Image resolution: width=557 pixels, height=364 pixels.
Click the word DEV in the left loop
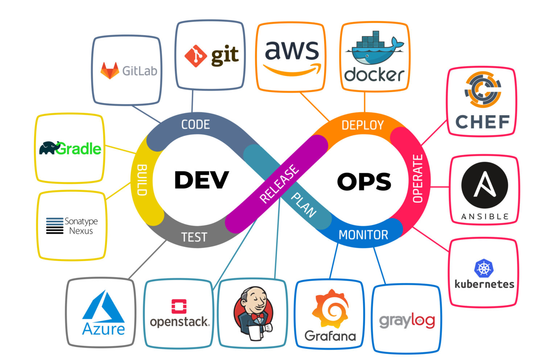tap(201, 180)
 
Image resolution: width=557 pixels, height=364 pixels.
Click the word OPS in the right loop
tap(364, 181)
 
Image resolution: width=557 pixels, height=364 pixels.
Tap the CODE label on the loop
tap(195, 124)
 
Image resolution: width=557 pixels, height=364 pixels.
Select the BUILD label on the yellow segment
tap(142, 180)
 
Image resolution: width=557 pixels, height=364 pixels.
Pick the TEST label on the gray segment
tap(194, 237)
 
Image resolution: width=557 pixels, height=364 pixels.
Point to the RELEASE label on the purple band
tap(279, 184)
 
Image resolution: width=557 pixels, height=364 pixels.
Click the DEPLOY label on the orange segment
tap(362, 125)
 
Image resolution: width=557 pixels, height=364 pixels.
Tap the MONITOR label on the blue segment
tap(363, 235)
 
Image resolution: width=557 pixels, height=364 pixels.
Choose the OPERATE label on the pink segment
tap(418, 179)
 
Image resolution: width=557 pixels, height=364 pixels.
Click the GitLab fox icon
tap(110, 70)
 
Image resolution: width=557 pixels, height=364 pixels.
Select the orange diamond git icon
tap(195, 56)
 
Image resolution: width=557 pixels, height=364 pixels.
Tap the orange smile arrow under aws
tap(292, 69)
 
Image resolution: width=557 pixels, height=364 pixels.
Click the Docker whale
tap(374, 49)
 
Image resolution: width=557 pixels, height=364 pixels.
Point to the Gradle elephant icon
tap(49, 148)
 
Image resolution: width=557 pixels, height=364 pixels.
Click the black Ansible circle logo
tap(484, 185)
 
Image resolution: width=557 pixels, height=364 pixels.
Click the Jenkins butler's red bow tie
tap(257, 317)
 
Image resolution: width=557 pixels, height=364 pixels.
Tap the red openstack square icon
tap(179, 306)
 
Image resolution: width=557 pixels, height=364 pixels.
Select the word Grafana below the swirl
tap(330, 336)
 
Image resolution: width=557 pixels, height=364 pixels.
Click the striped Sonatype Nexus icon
tap(55, 226)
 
